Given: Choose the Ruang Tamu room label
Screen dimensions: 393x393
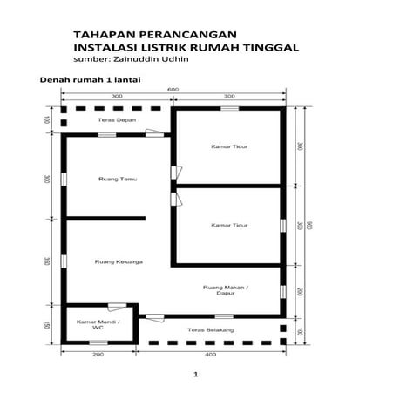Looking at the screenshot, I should point(108,180).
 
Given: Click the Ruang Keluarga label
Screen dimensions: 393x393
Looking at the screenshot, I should point(119,261).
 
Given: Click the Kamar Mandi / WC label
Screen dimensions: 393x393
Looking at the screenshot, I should point(98,326).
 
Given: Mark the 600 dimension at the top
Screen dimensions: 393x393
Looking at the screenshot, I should point(173,89).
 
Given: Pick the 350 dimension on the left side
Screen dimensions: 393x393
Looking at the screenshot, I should point(47,261).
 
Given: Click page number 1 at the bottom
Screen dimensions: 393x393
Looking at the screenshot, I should point(197,375).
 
